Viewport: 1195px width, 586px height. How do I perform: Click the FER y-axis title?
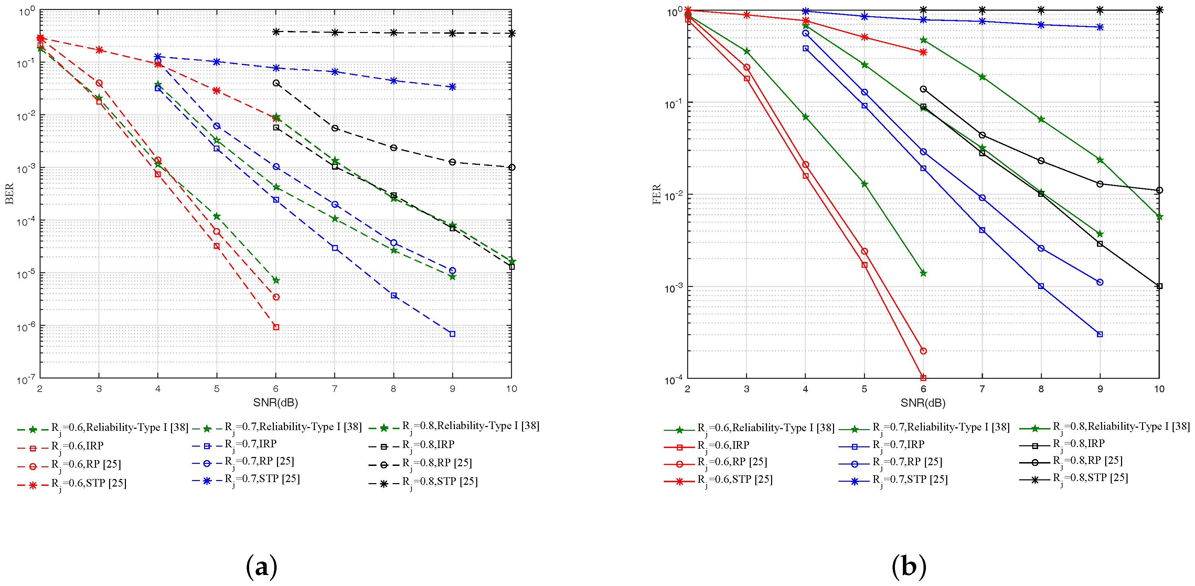tap(657, 194)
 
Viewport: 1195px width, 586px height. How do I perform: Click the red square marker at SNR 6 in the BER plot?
tap(276, 327)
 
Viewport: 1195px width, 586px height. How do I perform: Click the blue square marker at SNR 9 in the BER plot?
tap(452, 334)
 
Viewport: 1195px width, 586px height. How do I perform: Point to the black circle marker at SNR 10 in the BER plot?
tap(512, 168)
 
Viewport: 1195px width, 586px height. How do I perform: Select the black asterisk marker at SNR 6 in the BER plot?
tap(276, 32)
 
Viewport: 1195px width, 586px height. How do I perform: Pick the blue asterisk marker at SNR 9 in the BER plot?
tap(452, 87)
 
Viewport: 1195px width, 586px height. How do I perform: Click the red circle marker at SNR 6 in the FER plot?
tap(923, 351)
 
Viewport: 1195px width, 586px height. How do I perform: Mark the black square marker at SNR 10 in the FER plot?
tap(1159, 286)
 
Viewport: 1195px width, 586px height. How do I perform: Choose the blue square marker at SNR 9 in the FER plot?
tap(1100, 334)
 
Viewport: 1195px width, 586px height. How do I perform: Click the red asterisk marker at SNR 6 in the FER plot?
tap(923, 52)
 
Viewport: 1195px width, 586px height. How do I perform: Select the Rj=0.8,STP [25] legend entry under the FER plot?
tap(1090, 478)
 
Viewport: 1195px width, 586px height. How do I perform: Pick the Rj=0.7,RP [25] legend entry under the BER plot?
tap(259, 462)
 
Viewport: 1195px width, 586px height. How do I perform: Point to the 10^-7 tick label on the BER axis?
tap(26, 380)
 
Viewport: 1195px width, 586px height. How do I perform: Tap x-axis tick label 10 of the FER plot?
tap(1159, 389)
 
